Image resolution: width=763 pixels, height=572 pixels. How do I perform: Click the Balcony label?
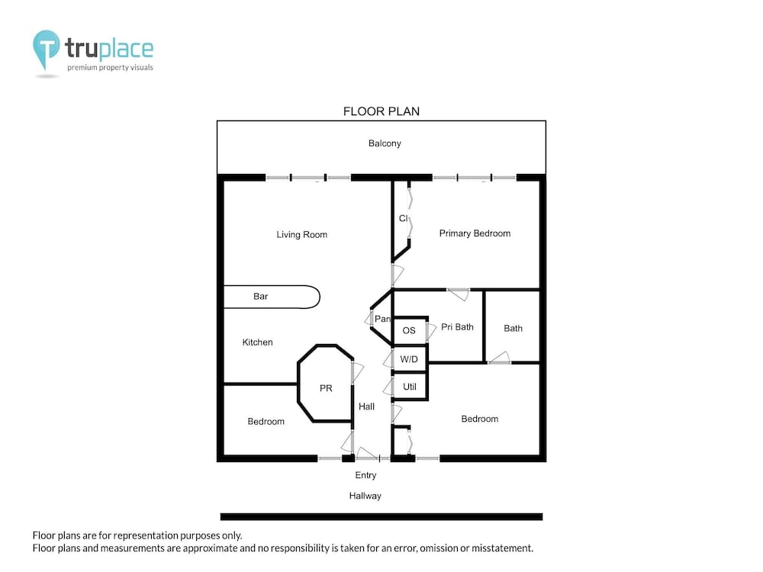pyautogui.click(x=385, y=143)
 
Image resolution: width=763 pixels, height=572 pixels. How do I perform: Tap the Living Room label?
pyautogui.click(x=301, y=234)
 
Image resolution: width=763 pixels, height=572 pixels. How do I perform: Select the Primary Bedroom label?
pyautogui.click(x=475, y=233)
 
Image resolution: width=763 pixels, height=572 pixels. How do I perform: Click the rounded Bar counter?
pyautogui.click(x=272, y=297)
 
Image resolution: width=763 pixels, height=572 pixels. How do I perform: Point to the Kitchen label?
pyautogui.click(x=257, y=342)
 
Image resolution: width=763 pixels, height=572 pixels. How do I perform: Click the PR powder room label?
pyautogui.click(x=326, y=388)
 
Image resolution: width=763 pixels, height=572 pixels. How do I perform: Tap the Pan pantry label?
pyautogui.click(x=382, y=319)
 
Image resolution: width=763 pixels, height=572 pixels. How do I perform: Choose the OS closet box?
pyautogui.click(x=410, y=331)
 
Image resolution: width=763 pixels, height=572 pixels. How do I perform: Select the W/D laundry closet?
pyautogui.click(x=410, y=359)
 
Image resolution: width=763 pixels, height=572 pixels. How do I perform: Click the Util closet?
pyautogui.click(x=410, y=387)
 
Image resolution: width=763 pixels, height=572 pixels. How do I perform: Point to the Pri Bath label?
pyautogui.click(x=457, y=327)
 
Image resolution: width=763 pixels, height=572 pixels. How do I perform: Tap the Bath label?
pyautogui.click(x=513, y=328)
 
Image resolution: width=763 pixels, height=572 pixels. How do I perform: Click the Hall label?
pyautogui.click(x=366, y=407)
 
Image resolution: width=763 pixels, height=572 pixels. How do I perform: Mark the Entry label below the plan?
pyautogui.click(x=365, y=475)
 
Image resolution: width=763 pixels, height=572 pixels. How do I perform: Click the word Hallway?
pyautogui.click(x=365, y=496)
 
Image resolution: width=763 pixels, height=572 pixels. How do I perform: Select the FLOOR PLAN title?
pyautogui.click(x=381, y=111)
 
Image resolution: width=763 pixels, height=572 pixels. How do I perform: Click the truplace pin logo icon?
pyautogui.click(x=47, y=50)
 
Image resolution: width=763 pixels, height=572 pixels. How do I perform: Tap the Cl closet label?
pyautogui.click(x=404, y=218)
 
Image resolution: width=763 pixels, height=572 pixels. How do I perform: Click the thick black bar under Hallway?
pyautogui.click(x=381, y=516)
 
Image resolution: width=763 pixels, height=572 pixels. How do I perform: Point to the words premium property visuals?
pyautogui.click(x=110, y=68)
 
